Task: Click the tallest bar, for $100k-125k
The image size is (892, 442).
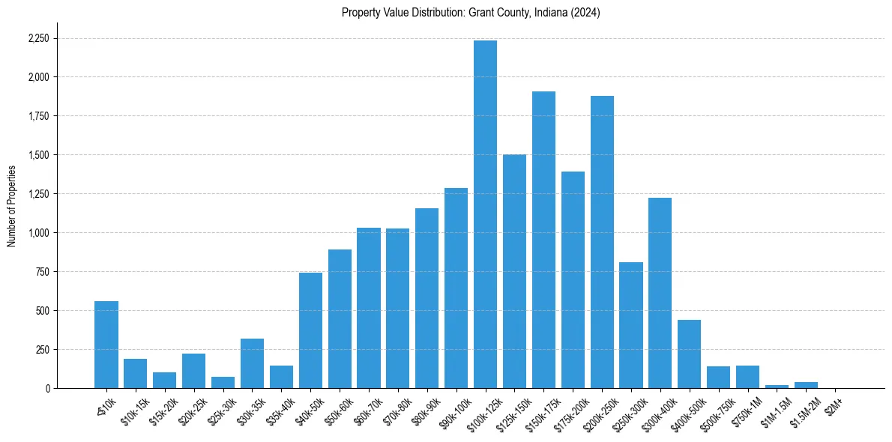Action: point(485,214)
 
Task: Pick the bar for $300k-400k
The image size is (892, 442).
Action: point(660,293)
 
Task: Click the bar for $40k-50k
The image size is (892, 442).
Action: point(310,330)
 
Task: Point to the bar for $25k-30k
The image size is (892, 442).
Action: point(223,383)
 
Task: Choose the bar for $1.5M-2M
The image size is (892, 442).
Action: point(806,385)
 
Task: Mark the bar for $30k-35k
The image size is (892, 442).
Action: point(252,363)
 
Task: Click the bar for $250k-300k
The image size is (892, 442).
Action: point(631,325)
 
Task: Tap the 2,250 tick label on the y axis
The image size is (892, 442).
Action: point(38,38)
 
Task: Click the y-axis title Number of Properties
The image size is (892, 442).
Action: point(12,206)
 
